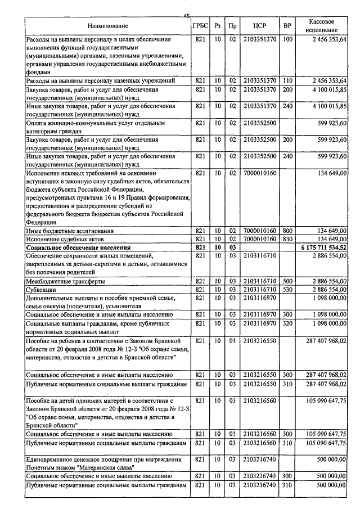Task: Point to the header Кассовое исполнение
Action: tap(322, 25)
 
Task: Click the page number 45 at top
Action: tap(186, 15)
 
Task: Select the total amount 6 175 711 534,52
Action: tap(323, 247)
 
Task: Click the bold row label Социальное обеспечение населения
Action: tap(78, 247)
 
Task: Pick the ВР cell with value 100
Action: tap(287, 39)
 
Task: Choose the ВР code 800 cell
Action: tap(287, 231)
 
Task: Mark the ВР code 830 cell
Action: tap(287, 239)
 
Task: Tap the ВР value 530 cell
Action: tap(287, 289)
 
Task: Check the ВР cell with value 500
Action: tap(287, 281)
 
